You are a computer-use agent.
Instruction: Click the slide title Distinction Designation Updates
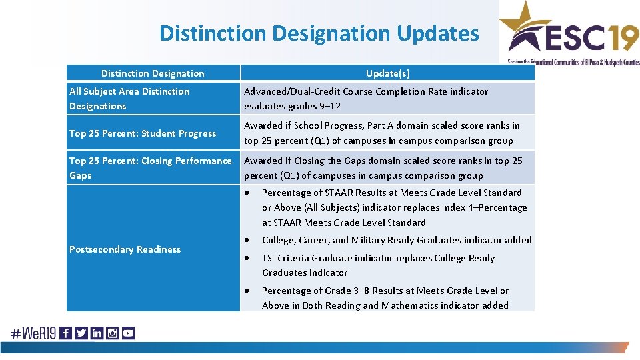click(319, 33)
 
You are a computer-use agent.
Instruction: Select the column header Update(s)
click(387, 73)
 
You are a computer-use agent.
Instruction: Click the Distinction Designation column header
click(153, 73)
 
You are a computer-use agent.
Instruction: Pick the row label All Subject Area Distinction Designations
click(129, 99)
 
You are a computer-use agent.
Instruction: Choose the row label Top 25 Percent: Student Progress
click(143, 133)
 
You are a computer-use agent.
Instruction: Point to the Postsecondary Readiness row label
click(125, 249)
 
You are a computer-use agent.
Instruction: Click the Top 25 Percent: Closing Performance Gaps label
click(151, 168)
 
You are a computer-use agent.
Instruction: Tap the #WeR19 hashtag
click(32, 333)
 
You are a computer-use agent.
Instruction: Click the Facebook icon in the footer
click(65, 333)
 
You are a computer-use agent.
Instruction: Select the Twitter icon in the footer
click(81, 333)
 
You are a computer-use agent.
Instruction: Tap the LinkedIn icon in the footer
click(97, 333)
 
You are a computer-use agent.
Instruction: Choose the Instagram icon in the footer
click(113, 333)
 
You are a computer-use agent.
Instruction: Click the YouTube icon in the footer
click(128, 333)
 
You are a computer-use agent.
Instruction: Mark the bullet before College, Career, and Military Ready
click(248, 240)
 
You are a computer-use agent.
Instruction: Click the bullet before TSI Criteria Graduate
click(248, 258)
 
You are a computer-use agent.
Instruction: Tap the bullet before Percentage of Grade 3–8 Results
click(248, 291)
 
